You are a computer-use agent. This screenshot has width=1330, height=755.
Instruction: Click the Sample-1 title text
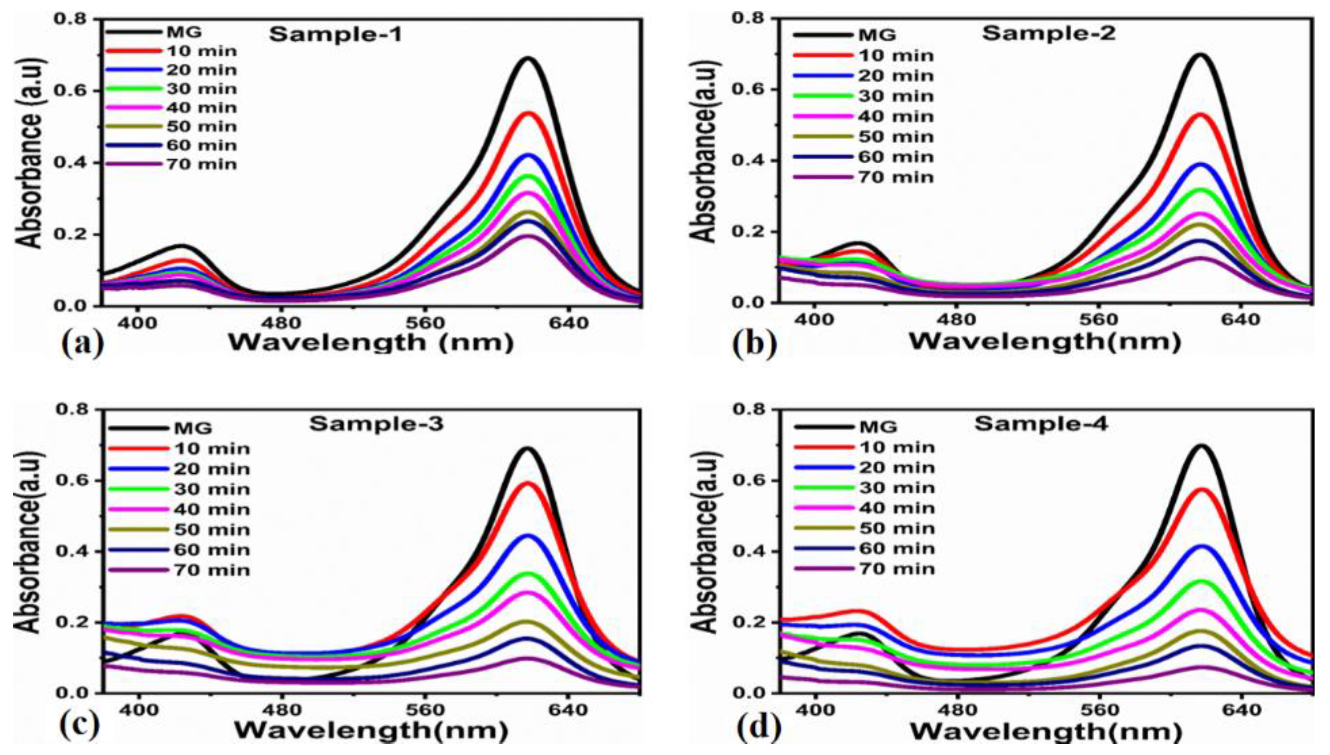click(x=335, y=35)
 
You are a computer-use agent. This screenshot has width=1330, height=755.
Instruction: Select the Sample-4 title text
click(x=1041, y=424)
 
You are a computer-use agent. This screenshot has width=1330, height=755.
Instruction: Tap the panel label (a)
click(x=83, y=342)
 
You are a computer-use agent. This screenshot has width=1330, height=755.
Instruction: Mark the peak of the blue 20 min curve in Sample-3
click(x=528, y=536)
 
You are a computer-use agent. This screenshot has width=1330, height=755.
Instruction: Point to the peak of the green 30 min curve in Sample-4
click(x=1202, y=582)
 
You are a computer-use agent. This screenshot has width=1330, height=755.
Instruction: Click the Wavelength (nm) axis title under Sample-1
click(x=371, y=342)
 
